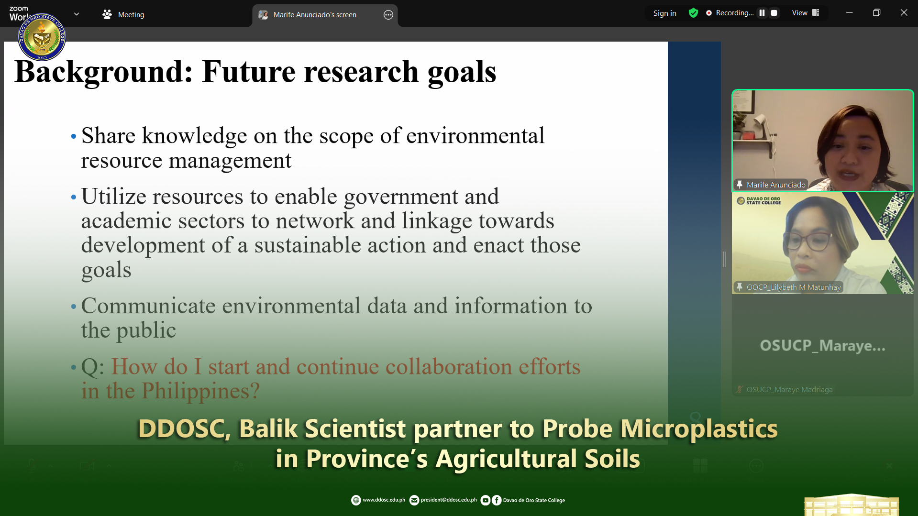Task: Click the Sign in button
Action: tap(664, 13)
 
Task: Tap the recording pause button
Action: tap(762, 13)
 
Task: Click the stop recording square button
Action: tap(774, 13)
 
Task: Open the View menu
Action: tap(806, 13)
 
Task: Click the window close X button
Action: tap(904, 13)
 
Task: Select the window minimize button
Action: tap(849, 13)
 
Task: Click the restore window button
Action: tap(876, 13)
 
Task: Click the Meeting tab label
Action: tap(131, 15)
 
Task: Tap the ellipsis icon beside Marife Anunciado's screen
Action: tap(388, 15)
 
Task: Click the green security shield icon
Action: tap(693, 13)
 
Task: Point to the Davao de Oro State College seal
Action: tap(42, 37)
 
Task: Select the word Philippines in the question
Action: tap(201, 391)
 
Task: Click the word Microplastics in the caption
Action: tap(699, 428)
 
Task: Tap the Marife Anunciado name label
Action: tap(776, 185)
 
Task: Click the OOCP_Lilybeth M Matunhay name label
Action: tap(794, 287)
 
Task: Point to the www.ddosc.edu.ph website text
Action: tap(384, 500)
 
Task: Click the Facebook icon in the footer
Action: tap(497, 500)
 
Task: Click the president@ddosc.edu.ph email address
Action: tap(449, 500)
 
